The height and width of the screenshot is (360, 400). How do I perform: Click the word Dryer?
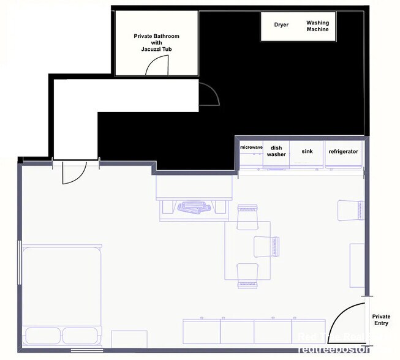point(281,25)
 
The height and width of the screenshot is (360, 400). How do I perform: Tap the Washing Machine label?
point(317,26)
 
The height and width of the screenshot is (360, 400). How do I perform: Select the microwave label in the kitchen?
point(251,148)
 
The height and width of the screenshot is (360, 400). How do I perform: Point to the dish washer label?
point(276,151)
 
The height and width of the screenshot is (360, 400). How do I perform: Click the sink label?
point(306,151)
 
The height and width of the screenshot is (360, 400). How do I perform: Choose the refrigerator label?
point(343,151)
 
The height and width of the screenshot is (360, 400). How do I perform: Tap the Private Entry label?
point(381,320)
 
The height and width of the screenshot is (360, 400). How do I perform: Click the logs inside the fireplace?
point(194,208)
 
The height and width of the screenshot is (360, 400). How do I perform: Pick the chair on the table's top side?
point(249,214)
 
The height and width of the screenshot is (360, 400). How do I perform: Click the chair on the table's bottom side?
point(248,274)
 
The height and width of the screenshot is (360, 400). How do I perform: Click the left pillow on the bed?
point(42,336)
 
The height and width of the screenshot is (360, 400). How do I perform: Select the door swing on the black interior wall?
point(209,95)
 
